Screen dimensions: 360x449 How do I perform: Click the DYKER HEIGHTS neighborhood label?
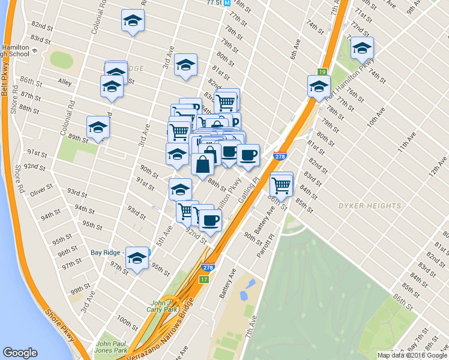point(369,206)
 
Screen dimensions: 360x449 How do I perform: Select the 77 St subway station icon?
point(227,2)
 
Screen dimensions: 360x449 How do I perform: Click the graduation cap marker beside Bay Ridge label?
point(137,258)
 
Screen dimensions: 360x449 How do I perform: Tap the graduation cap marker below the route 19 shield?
point(319,86)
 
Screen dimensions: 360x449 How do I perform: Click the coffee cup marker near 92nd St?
point(209,220)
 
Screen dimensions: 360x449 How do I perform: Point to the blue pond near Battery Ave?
point(247,290)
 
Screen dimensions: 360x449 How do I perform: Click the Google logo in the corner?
point(20,353)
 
